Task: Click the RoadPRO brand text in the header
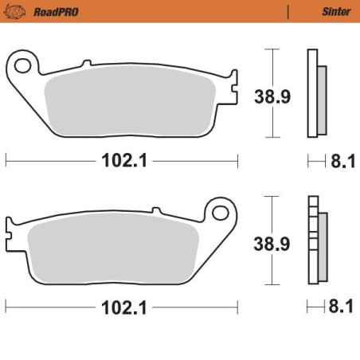pos(50,11)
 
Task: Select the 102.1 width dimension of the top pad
pos(122,161)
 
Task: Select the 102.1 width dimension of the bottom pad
pos(122,305)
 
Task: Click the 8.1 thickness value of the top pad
pos(340,162)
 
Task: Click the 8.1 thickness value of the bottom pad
pos(340,306)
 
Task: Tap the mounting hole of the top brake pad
pos(26,64)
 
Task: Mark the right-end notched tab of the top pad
pos(233,82)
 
